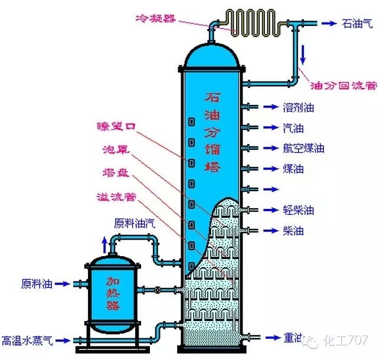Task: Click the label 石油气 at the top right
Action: point(358,24)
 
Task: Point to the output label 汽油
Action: point(293,127)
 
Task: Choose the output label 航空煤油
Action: point(303,148)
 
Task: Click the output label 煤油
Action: point(293,169)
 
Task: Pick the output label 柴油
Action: point(293,231)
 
